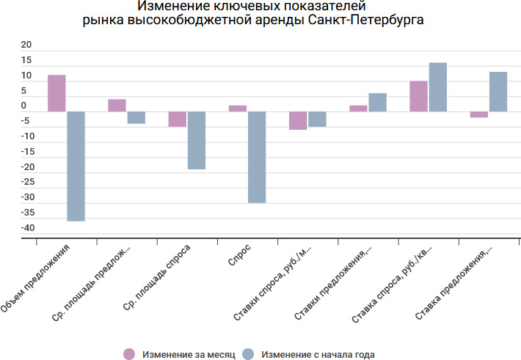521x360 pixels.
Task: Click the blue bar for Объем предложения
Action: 76,166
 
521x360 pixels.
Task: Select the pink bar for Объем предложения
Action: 57,93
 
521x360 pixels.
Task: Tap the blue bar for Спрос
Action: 257,157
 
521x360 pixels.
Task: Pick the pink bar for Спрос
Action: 237,109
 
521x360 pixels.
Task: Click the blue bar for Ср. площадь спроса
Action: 197,140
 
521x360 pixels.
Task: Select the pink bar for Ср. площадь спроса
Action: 177,119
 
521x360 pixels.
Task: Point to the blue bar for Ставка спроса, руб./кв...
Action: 437,87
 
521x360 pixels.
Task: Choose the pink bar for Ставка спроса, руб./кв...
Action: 418,96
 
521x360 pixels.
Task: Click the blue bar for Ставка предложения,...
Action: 498,92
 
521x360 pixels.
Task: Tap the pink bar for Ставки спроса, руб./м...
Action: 297,120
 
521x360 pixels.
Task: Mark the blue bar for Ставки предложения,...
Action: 377,102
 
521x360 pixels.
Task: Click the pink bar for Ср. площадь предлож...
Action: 117,105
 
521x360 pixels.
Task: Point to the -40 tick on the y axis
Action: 26,228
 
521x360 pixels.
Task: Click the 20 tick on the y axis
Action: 27,45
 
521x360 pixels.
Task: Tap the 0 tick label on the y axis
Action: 23,106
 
